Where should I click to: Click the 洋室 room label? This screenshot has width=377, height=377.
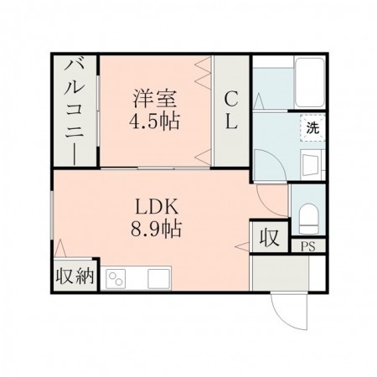click(156, 96)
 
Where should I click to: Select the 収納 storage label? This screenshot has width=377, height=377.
click(75, 276)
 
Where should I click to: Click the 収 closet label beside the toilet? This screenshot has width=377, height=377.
click(267, 237)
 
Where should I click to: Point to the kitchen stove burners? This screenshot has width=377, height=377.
click(114, 278)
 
